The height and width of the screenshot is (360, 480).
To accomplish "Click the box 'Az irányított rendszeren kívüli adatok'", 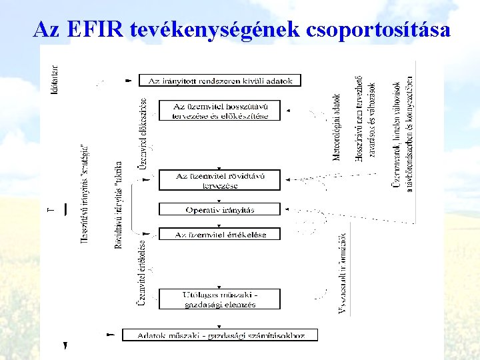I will click(220, 81).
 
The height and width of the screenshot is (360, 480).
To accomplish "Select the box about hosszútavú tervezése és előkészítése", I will click(220, 111).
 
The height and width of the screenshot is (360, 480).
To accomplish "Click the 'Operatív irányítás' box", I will click(220, 209).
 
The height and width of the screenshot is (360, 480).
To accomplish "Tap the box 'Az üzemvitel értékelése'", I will click(220, 234).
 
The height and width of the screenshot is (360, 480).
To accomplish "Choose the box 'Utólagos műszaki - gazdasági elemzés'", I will click(220, 299).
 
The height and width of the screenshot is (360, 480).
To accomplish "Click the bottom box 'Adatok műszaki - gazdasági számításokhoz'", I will click(220, 335).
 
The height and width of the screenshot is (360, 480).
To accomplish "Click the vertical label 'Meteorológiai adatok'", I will click(337, 127).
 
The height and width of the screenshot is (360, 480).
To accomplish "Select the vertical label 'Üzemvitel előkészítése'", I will click(143, 133).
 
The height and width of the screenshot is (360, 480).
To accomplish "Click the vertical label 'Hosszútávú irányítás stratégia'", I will click(85, 193).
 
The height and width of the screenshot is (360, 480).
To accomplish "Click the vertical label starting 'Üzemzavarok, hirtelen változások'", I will click(403, 127).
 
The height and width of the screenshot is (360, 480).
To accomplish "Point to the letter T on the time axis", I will click(52, 209).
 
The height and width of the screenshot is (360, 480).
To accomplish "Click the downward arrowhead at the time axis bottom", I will click(65, 346).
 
